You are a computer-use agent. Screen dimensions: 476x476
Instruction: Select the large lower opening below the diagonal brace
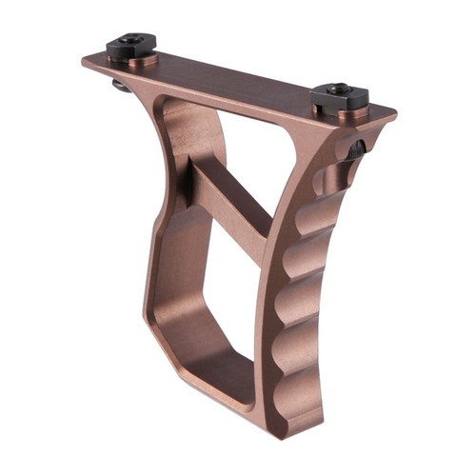click(x=205, y=305)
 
